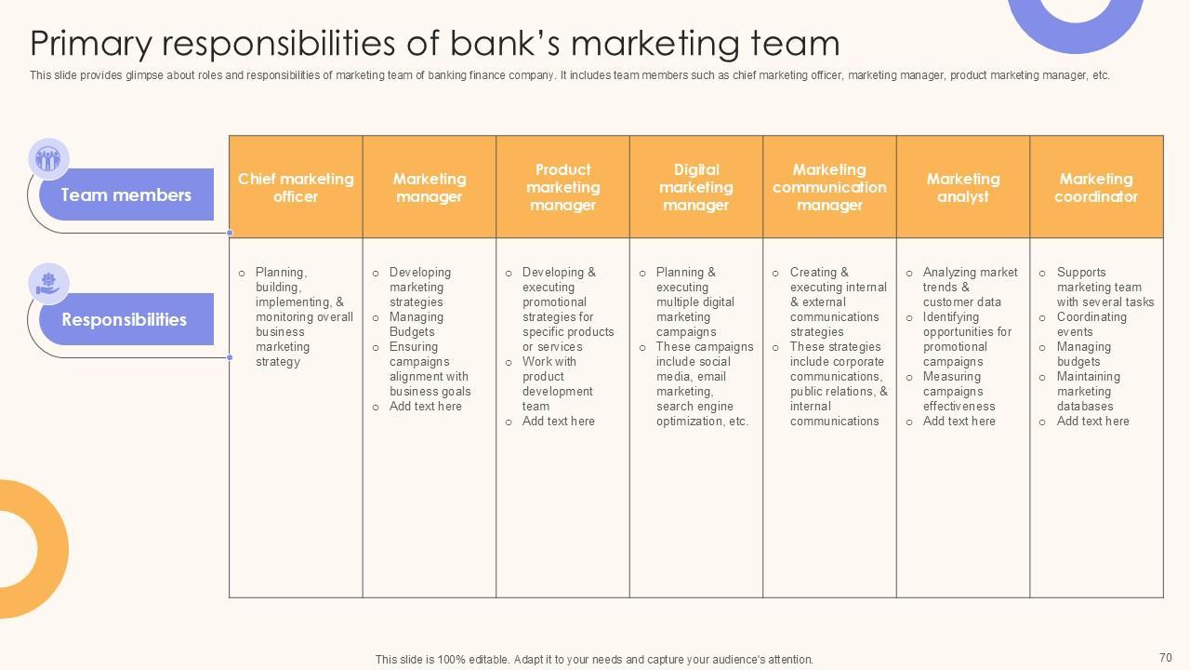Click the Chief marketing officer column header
tap(296, 187)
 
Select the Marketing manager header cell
tap(429, 187)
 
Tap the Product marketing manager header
tap(562, 187)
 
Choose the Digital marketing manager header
tap(696, 187)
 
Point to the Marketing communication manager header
tap(829, 187)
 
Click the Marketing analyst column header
tap(963, 187)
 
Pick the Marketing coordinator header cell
tap(1096, 187)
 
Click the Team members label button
tap(126, 194)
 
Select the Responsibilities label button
tap(125, 319)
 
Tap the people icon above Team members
tap(48, 159)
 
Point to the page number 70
tap(1166, 657)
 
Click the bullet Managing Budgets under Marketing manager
tap(416, 324)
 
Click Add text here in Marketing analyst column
tap(959, 422)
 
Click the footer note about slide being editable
tap(594, 659)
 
